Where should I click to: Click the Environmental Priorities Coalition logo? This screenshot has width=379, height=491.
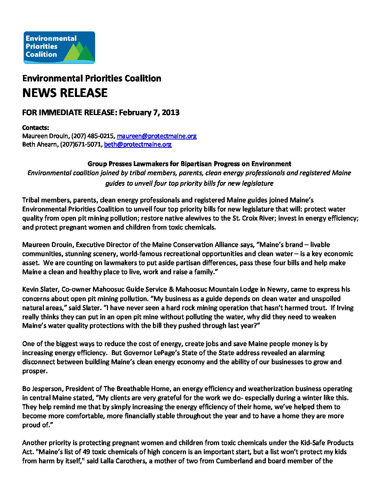point(59,47)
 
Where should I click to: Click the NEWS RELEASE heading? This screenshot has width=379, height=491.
point(65,93)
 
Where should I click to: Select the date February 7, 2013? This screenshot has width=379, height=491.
point(149,113)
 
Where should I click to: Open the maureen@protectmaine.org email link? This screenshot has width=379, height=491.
point(157,136)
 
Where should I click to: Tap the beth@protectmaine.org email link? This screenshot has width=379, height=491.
point(138,144)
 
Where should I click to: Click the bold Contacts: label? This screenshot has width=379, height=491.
point(36,128)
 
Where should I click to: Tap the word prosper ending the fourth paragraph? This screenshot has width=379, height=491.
point(34,371)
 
